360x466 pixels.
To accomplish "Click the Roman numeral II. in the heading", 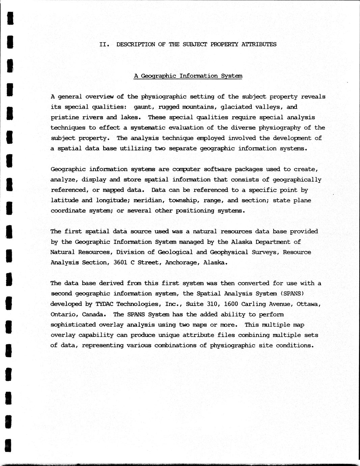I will (x=104, y=44).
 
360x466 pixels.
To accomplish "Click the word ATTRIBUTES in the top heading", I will (x=259, y=44).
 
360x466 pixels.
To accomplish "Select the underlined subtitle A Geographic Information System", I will (x=188, y=76).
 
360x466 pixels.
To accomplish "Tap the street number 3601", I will (x=120, y=262).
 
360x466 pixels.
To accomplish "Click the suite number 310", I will (x=212, y=304).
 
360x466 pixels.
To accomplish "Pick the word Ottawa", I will (x=308, y=304).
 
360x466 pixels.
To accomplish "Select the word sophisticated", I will (x=73, y=325).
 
